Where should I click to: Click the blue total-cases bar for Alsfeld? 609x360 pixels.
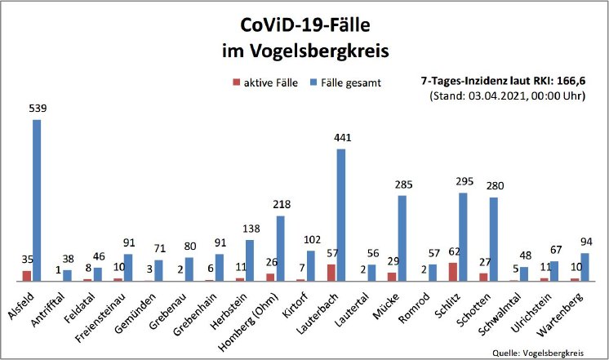click(37, 200)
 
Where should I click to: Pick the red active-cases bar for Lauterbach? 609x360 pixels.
click(331, 273)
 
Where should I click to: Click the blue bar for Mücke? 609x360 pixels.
click(402, 238)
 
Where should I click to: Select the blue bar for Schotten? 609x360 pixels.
click(492, 239)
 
